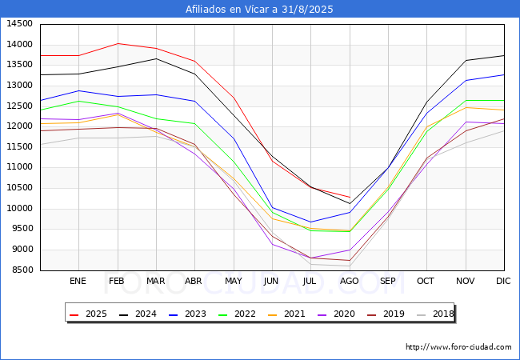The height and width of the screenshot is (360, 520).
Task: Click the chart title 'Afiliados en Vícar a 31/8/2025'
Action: pyautogui.click(x=259, y=10)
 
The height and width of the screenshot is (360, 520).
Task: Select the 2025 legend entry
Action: pyautogui.click(x=88, y=314)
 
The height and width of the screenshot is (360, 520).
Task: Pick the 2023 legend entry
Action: pyautogui.click(x=187, y=314)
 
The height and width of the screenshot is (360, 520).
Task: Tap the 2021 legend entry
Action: pyautogui.click(x=286, y=314)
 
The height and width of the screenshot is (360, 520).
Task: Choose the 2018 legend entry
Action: pyautogui.click(x=435, y=314)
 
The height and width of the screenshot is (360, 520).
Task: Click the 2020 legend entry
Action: pyautogui.click(x=336, y=314)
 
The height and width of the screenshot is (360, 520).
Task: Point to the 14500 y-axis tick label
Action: pyautogui.click(x=19, y=24)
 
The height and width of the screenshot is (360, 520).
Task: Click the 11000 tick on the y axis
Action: pyautogui.click(x=19, y=167)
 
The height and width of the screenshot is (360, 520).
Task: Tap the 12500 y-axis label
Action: pyautogui.click(x=19, y=106)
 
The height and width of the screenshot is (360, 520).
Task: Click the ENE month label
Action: pyautogui.click(x=78, y=281)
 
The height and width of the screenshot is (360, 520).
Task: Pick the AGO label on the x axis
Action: pyautogui.click(x=350, y=281)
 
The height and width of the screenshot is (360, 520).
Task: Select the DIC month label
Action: pyautogui.click(x=503, y=281)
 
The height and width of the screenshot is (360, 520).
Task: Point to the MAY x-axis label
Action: pyautogui.click(x=234, y=281)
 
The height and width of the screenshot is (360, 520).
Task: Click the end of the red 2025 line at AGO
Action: pyautogui.click(x=350, y=198)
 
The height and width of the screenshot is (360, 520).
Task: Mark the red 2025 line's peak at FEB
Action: pyautogui.click(x=118, y=43)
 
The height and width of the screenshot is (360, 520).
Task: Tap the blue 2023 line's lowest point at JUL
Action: pyautogui.click(x=310, y=222)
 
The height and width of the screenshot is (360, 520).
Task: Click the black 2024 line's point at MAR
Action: pyautogui.click(x=156, y=58)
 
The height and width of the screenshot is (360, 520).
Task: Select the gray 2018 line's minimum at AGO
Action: pyautogui.click(x=350, y=266)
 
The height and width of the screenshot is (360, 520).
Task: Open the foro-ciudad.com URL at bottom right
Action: pyautogui.click(x=458, y=347)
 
